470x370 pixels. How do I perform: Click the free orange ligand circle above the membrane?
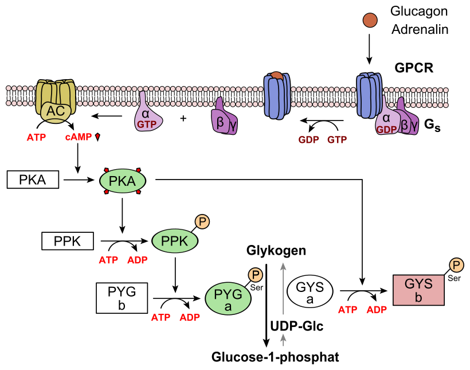(x=370, y=20)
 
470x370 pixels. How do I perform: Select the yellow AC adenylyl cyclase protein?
(x=56, y=101)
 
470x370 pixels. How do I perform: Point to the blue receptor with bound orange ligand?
(x=277, y=96)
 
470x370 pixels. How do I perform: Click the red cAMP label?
(x=79, y=137)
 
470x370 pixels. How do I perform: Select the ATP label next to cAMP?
(x=36, y=138)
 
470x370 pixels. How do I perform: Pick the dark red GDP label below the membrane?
(x=308, y=139)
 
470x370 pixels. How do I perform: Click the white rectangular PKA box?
(x=33, y=180)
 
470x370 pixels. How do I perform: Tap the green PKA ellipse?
(x=123, y=181)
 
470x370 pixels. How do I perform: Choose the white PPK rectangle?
(x=68, y=241)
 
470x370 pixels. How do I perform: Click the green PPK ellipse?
(x=175, y=241)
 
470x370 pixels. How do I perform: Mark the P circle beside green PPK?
(x=202, y=221)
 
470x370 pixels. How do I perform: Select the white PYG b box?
(x=122, y=298)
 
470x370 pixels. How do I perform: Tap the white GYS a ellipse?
(x=310, y=292)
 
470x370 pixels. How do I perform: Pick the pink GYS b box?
(x=418, y=290)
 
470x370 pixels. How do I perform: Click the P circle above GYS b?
(x=456, y=264)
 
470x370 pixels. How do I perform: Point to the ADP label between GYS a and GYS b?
(x=377, y=310)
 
